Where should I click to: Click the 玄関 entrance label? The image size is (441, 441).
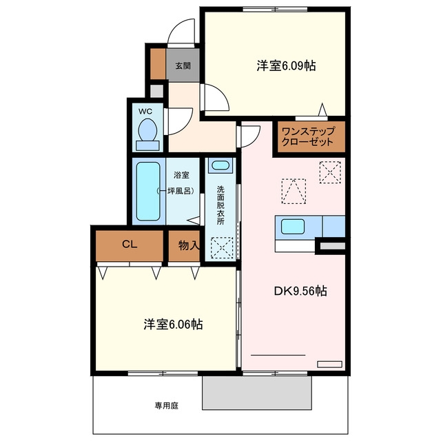[x=183, y=66]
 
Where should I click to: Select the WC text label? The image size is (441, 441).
[x=145, y=112]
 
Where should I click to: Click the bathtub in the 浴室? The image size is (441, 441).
[x=148, y=192]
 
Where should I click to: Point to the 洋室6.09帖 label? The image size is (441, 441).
[x=286, y=65]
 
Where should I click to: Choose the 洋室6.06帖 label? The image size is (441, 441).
[x=173, y=324]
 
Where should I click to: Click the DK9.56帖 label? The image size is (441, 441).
[x=300, y=291]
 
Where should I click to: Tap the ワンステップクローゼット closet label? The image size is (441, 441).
[x=309, y=136]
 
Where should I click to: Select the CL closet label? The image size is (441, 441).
[x=130, y=244]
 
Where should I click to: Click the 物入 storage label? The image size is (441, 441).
[x=189, y=245]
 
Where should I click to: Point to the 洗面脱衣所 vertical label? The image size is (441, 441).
[x=220, y=205]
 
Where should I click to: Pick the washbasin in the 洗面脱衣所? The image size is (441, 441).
[x=220, y=165]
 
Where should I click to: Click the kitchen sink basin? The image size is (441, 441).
[x=292, y=227]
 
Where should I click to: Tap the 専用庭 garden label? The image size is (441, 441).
[x=167, y=406]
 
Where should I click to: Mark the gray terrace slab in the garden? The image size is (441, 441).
[x=257, y=393]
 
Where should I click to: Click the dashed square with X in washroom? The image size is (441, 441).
[x=222, y=248]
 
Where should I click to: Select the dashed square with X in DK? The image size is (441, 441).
[x=330, y=172]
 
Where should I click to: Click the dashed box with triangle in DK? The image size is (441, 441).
[x=294, y=192]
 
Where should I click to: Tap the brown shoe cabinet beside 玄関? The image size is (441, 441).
[x=158, y=64]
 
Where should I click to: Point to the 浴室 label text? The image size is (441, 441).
[x=181, y=175]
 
